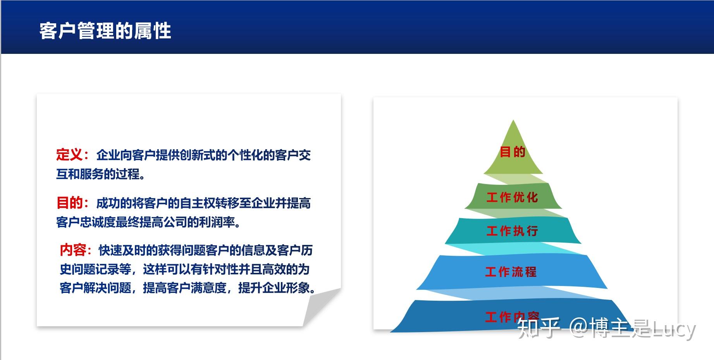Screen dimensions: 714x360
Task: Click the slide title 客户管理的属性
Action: pos(105,31)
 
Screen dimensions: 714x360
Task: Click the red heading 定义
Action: pos(69,155)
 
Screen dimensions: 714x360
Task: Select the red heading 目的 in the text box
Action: pos(69,203)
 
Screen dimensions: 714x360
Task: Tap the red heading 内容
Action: pos(72,250)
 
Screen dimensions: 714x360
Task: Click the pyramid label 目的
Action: pos(512,152)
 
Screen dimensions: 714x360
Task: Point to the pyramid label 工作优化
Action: pos(512,197)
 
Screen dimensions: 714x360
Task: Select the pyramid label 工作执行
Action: pos(512,231)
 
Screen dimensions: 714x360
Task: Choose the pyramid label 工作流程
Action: pos(511,272)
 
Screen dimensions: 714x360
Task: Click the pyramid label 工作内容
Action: pos(512,317)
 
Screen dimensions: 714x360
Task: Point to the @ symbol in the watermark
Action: pos(579,329)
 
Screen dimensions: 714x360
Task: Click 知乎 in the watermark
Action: pos(539,328)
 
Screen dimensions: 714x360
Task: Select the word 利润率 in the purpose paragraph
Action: pos(217,222)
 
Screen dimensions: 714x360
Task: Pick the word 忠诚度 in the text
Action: pos(98,222)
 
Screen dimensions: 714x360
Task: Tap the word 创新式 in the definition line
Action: pos(198,155)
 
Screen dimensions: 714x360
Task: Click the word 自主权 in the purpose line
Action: pos(198,203)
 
